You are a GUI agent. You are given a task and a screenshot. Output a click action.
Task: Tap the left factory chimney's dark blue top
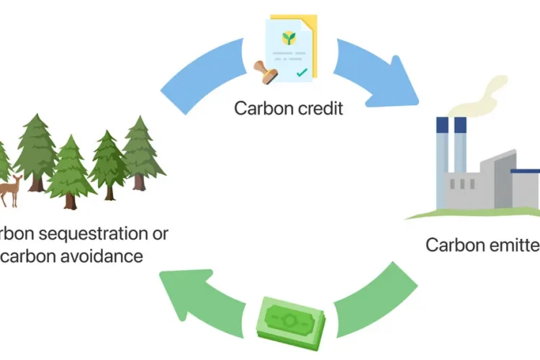click(442, 125)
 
